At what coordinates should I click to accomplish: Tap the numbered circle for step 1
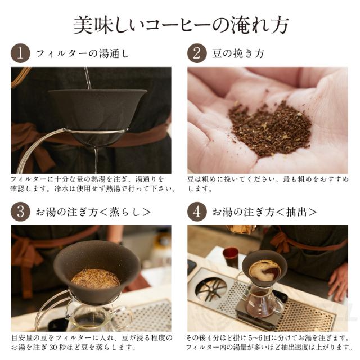point(20,54)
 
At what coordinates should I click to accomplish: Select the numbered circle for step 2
point(197,54)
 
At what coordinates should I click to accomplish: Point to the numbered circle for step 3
point(20,212)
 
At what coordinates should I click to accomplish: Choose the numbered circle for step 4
point(197,212)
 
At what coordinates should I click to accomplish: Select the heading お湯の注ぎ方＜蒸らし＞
point(93,213)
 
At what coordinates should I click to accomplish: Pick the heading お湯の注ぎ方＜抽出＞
point(264,213)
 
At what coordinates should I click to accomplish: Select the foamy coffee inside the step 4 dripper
point(264,270)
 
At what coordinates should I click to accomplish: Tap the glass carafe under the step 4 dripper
point(265,304)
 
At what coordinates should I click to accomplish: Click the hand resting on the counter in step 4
point(338,281)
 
